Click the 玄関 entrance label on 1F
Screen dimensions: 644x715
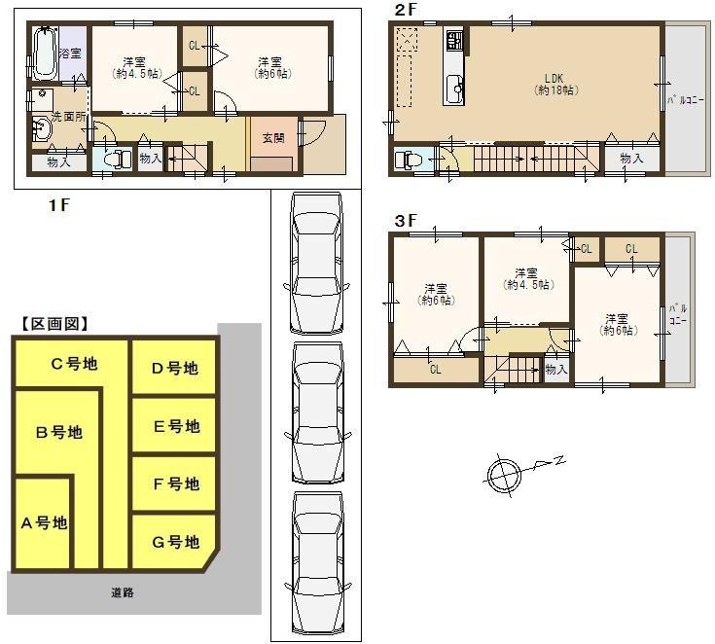(272, 138)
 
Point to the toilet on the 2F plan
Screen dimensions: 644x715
(407, 159)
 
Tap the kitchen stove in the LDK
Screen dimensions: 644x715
(454, 41)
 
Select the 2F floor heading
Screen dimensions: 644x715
(405, 10)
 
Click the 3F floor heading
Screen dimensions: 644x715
(405, 221)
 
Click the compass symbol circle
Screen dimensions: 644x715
(504, 474)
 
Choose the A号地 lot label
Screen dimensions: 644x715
(44, 522)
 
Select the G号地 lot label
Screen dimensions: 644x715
(176, 542)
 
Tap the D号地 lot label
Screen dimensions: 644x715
(175, 368)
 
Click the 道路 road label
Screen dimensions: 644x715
(123, 591)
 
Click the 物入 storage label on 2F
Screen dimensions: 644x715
(631, 158)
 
